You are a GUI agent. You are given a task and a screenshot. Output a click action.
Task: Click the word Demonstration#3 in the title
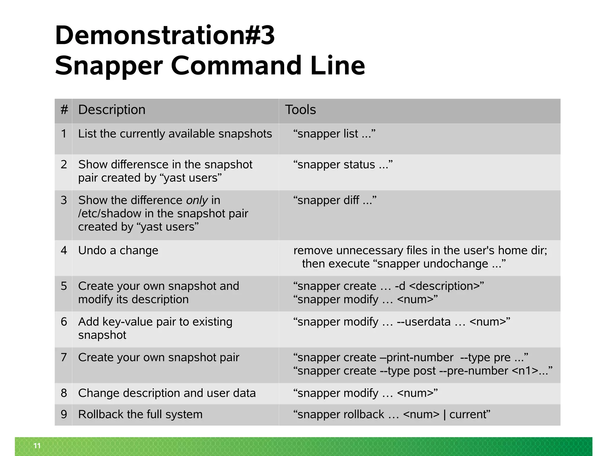[165, 35]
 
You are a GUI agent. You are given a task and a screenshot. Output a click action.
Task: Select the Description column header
[112, 110]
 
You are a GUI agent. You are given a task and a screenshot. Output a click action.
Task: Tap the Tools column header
[300, 110]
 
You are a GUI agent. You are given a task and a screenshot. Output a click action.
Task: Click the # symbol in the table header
[64, 110]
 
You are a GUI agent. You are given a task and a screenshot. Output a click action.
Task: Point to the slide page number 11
[37, 446]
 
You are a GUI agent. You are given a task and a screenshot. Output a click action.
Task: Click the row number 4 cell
[64, 251]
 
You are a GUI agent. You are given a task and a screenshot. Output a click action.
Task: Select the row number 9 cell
[64, 414]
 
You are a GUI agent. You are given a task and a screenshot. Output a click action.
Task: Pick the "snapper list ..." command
[334, 134]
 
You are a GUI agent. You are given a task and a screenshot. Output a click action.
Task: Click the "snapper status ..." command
[343, 165]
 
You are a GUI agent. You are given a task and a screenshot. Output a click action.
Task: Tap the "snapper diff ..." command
[335, 200]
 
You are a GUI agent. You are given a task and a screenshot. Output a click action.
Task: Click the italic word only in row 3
[197, 200]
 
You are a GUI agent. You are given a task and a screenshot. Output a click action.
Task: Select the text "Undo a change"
[118, 251]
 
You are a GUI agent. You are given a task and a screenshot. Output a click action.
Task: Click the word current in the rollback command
[468, 414]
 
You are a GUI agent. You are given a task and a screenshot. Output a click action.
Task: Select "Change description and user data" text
[167, 393]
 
